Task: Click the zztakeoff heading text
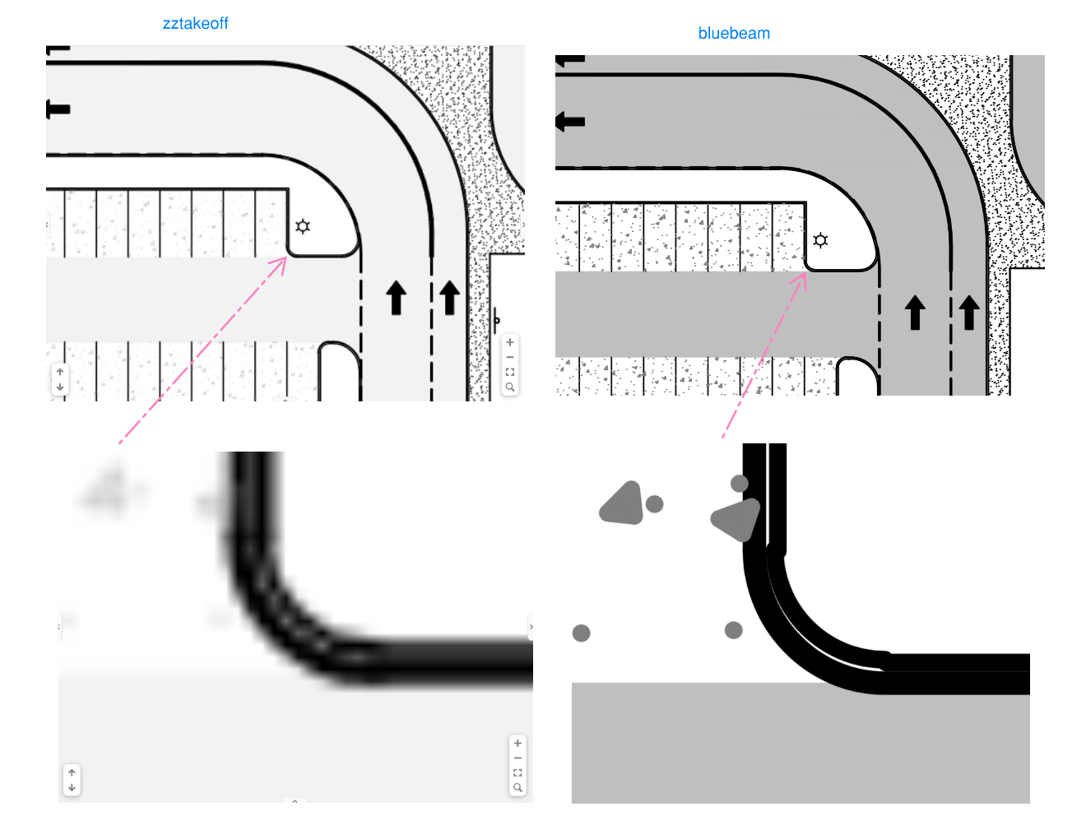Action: click(195, 24)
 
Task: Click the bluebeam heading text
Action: click(734, 33)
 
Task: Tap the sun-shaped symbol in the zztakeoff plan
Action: click(303, 226)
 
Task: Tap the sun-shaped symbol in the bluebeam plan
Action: click(820, 240)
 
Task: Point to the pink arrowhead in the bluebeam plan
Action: click(801, 279)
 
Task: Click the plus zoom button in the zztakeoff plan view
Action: click(510, 342)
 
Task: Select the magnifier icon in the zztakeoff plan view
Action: click(510, 387)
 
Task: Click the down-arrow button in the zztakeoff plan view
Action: click(60, 387)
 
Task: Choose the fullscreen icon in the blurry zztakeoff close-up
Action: click(517, 772)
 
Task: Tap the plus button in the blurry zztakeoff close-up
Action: click(517, 743)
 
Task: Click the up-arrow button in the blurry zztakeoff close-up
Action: click(72, 772)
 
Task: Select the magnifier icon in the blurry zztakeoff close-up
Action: click(517, 787)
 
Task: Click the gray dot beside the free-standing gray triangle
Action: click(654, 503)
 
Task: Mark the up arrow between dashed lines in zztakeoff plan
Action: click(397, 298)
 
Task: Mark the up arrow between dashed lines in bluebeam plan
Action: click(915, 313)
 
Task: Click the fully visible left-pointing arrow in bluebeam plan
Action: click(570, 122)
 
